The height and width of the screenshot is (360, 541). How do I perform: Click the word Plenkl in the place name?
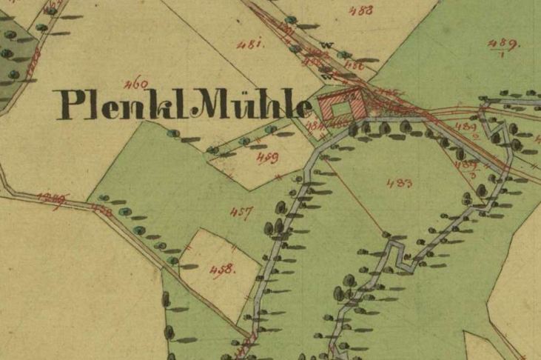(118, 105)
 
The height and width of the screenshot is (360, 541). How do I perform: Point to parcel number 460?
(137, 82)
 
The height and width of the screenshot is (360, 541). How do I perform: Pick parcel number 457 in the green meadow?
(241, 213)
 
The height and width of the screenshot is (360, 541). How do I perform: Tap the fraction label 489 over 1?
(505, 46)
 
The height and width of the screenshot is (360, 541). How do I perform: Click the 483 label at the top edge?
(361, 10)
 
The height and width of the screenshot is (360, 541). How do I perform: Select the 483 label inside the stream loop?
(399, 184)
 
